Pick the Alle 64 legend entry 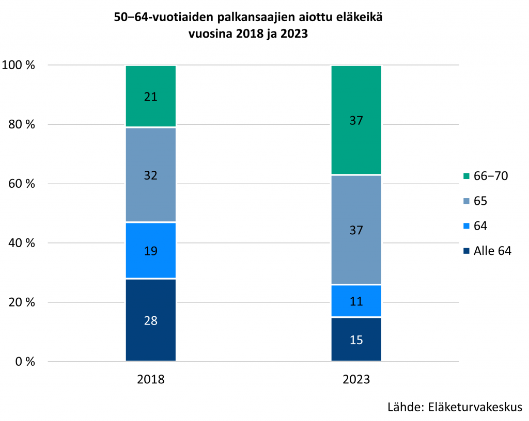488,251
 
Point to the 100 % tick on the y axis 19,65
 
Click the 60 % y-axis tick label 21,184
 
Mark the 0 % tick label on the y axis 24,361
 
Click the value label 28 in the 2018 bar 151,320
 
